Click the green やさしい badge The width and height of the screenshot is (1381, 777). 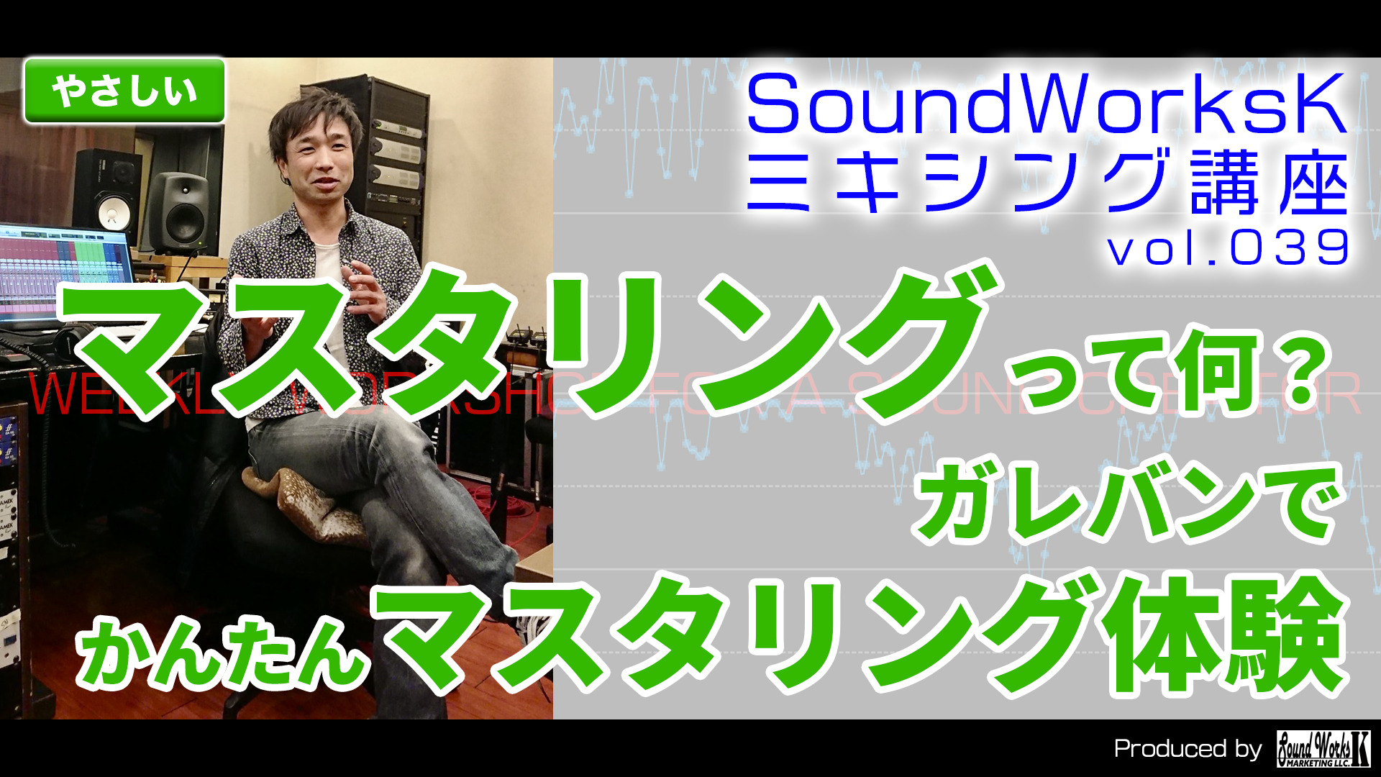tap(124, 91)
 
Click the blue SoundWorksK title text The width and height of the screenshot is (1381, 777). tap(1047, 106)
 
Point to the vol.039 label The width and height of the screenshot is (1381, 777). tap(1227, 249)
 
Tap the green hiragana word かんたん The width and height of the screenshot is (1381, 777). tap(223, 651)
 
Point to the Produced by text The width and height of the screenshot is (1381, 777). tap(1188, 749)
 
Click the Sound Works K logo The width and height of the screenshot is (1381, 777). tap(1323, 749)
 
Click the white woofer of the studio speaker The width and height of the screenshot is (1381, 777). tap(112, 214)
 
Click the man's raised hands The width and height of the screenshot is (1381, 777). tap(360, 288)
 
